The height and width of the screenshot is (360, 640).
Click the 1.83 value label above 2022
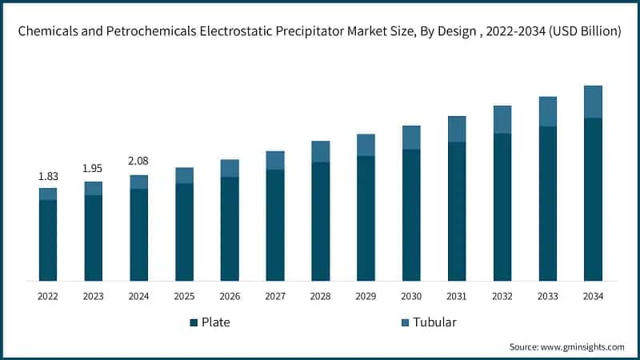[x=48, y=175]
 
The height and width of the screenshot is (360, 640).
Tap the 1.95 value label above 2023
[x=94, y=168]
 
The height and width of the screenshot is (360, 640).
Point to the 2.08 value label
[x=139, y=162]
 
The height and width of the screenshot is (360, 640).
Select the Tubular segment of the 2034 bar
[x=593, y=102]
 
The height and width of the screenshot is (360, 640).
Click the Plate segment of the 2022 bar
[x=48, y=240]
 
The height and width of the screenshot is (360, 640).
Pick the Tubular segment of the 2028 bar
[x=321, y=151]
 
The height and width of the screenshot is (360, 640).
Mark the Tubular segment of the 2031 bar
[x=457, y=129]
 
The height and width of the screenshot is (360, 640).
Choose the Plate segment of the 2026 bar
[x=230, y=229]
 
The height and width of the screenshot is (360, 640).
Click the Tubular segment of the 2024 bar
[x=139, y=182]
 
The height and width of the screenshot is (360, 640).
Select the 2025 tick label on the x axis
[x=184, y=296]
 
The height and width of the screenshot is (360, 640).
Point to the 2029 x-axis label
[x=366, y=296]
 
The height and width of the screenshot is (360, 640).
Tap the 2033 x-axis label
[x=547, y=296]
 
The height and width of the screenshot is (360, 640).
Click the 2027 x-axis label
[x=275, y=296]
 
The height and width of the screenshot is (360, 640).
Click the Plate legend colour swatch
[x=194, y=322]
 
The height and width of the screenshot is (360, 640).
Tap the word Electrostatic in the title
[x=248, y=32]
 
